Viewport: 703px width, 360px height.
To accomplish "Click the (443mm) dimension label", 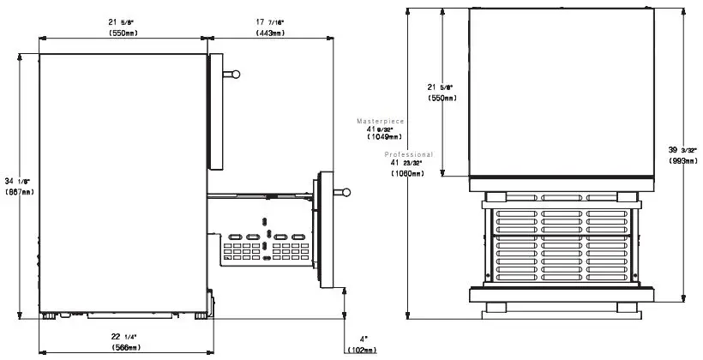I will (271, 33).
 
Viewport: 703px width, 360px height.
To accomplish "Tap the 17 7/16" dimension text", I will (271, 22).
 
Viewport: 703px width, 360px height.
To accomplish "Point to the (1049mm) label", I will (384, 137).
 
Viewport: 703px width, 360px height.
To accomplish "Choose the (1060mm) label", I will (406, 173).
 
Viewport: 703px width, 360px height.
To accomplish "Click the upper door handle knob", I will (235, 75).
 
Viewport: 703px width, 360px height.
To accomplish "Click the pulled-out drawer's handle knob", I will (346, 192).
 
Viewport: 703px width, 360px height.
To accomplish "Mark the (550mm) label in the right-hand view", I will (443, 98).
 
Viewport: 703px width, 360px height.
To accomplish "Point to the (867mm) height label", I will (19, 192).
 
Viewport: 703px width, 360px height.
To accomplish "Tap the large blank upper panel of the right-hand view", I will (561, 90).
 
